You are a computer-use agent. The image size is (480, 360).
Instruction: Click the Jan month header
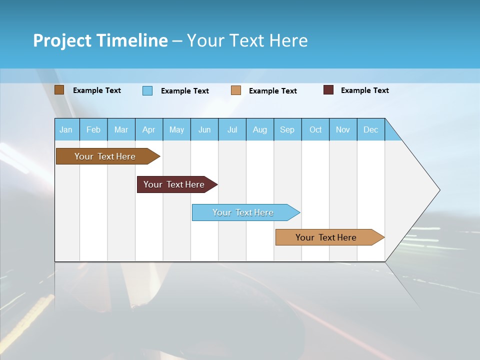66,130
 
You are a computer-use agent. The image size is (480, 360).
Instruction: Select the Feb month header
93,130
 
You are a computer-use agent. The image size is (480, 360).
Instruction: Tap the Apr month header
148,130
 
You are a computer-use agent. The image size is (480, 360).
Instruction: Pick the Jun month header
204,130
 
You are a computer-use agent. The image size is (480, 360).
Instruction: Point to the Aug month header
260,130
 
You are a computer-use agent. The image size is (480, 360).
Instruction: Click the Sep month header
287,130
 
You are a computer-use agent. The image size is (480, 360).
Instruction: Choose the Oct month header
315,130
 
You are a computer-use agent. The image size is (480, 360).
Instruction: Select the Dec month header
370,130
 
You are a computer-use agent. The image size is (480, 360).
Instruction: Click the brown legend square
59,90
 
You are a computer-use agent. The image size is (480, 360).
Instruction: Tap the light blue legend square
147,90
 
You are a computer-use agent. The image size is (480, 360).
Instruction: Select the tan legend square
236,90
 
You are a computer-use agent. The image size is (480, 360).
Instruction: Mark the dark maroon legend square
328,90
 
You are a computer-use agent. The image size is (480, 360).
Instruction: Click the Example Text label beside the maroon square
364,90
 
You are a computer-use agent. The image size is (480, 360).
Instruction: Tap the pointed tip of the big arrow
438,190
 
